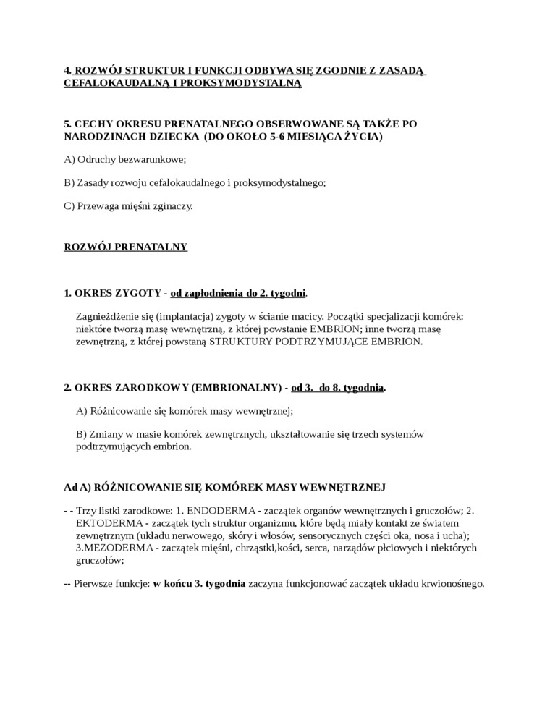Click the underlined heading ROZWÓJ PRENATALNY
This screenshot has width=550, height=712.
pyautogui.click(x=125, y=247)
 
